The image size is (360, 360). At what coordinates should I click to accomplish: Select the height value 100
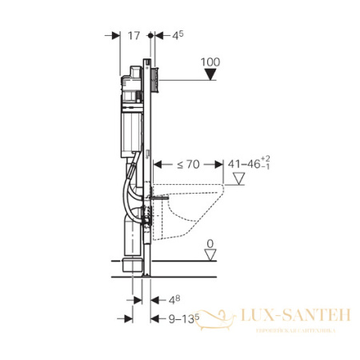pos(210,62)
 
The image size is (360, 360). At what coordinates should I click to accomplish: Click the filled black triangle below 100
pos(210,76)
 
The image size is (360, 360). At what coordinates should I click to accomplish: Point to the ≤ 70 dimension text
pos(190,166)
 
